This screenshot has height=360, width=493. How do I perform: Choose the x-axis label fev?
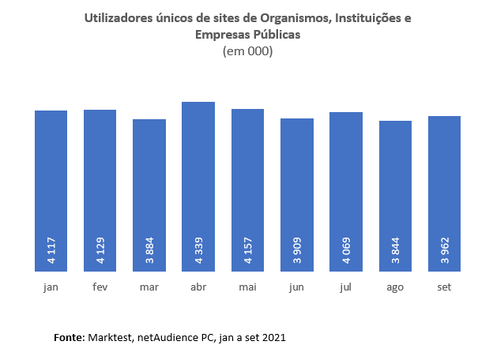[100, 287]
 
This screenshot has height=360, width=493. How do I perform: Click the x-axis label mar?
[149, 287]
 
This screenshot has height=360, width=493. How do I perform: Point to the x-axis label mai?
[247, 287]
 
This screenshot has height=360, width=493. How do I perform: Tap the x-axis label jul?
[346, 287]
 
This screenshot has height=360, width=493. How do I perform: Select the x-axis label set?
[444, 287]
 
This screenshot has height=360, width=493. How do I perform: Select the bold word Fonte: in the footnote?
[70, 337]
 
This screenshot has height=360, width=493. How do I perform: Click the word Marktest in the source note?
[111, 337]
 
